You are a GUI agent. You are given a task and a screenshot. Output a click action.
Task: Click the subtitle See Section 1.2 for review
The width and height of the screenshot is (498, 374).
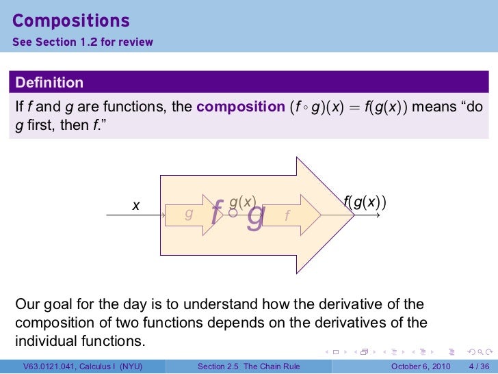pos(82,42)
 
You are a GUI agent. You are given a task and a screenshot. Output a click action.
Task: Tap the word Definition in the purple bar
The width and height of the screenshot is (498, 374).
pos(49,83)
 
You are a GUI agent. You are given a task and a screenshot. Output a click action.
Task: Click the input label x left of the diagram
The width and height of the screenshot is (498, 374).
pos(136,204)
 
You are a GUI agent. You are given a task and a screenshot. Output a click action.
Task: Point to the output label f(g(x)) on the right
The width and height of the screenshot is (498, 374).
pos(364,202)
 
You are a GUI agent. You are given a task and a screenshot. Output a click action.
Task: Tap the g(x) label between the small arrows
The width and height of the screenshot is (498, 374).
pos(242,202)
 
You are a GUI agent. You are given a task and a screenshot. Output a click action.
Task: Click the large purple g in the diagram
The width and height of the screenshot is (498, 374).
pos(256,216)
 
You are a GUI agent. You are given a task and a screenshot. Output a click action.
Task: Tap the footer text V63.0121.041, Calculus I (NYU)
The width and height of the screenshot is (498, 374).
pos(82,366)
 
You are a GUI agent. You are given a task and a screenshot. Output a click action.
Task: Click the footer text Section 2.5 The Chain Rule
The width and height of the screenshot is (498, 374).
pos(248,366)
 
